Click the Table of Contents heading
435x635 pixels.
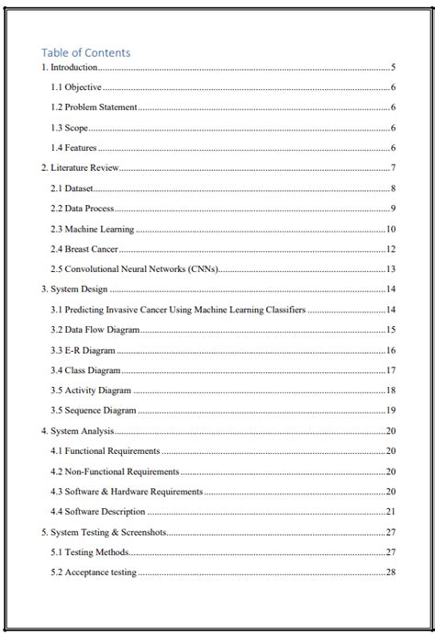tap(86, 52)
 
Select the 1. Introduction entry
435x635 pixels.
tap(69, 67)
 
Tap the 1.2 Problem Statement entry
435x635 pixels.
tap(94, 108)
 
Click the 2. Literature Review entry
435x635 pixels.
tap(80, 168)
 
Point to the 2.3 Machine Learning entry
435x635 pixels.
tap(93, 229)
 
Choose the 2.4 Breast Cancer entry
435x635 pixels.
tap(84, 249)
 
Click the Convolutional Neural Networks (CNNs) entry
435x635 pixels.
tap(134, 269)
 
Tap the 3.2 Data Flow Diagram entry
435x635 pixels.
tap(95, 330)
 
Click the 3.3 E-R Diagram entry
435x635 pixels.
tap(84, 350)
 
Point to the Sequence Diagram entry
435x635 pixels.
tap(94, 411)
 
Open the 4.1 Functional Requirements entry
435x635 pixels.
tap(106, 451)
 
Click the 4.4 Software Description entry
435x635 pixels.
tap(98, 512)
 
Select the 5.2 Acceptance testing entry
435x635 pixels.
tap(94, 573)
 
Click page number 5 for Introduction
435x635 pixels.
tap(393, 67)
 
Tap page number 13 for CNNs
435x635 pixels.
tap(390, 269)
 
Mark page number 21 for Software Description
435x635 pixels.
tap(390, 512)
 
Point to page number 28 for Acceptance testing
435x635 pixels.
tap(390, 573)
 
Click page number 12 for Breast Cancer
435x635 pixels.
tap(390, 249)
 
